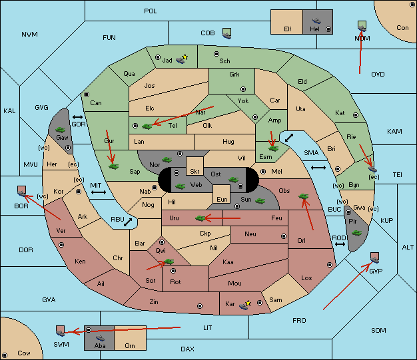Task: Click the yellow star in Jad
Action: pos(185,57)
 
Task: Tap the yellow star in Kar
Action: pos(248,303)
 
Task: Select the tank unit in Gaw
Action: pos(61,130)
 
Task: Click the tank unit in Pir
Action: pos(356,233)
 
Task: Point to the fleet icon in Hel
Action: pos(316,21)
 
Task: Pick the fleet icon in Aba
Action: pos(101,338)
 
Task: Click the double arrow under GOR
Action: pos(78,117)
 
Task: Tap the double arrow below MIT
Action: pos(99,192)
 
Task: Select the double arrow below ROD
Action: pos(340,244)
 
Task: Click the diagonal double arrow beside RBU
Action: pos(128,222)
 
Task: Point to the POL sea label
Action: pos(151,11)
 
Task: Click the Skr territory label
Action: pos(195,172)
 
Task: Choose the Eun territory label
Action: pos(222,199)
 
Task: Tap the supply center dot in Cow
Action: pos(5,355)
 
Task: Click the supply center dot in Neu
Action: pos(284,236)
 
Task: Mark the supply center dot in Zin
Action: pos(200,306)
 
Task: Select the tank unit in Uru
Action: pos(200,218)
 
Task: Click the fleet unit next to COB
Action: pos(227,33)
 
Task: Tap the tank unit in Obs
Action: pos(304,196)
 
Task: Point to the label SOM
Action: pos(378,330)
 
